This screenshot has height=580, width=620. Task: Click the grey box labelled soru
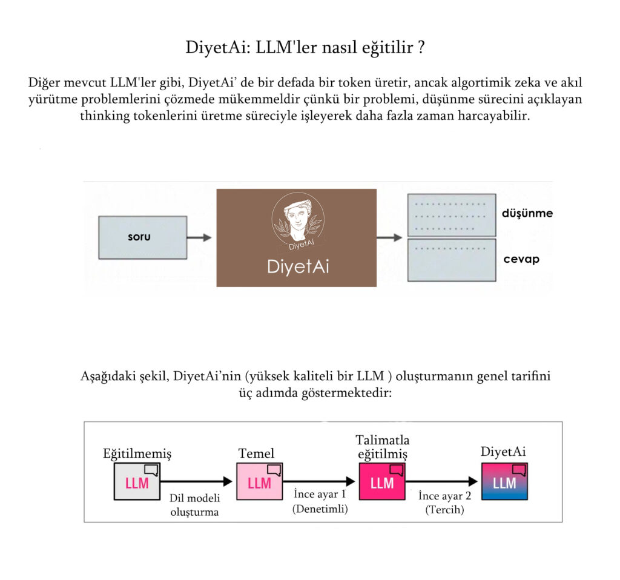tap(143, 237)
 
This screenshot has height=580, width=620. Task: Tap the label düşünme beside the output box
tap(527, 214)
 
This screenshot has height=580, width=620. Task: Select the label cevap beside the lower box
tap(521, 259)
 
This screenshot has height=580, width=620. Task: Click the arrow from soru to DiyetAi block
tap(199, 237)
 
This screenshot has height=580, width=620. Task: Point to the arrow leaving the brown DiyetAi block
tap(389, 237)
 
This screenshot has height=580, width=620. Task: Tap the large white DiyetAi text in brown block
tap(298, 266)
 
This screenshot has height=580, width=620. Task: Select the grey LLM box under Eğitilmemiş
tap(137, 481)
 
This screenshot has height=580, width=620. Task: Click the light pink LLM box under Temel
tap(259, 481)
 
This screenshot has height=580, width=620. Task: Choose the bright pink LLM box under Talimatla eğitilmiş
tap(382, 481)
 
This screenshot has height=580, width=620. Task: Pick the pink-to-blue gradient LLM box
tap(504, 481)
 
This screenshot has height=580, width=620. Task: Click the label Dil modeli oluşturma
tap(194, 505)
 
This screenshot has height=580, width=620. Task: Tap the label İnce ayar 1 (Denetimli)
tap(320, 501)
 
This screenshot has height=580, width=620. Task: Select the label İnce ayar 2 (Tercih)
tap(445, 502)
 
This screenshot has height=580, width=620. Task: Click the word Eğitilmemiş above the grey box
tap(137, 453)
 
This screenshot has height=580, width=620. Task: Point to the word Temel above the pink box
tap(256, 453)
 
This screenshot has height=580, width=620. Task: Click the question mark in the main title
tap(421, 47)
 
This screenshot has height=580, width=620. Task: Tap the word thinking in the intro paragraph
tap(105, 116)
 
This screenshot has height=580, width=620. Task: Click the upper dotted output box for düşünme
tap(452, 215)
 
